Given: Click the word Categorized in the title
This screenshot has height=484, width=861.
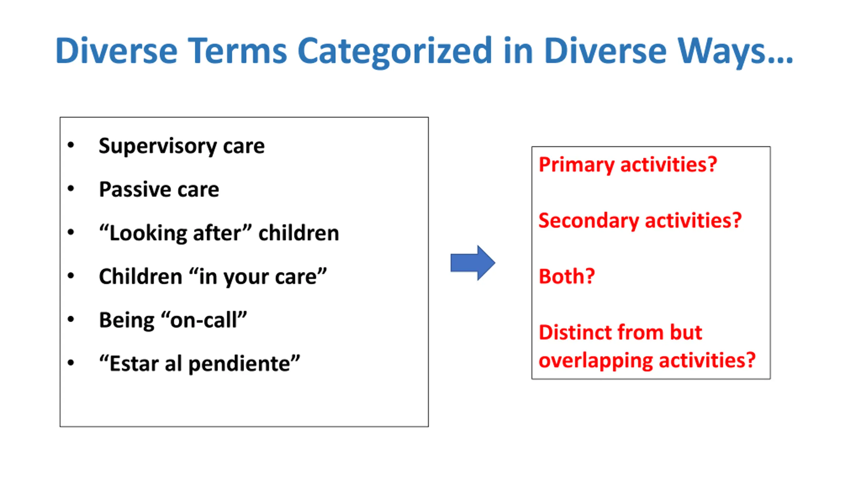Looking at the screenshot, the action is (395, 51).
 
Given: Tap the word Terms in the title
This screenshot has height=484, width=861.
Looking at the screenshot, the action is (237, 50).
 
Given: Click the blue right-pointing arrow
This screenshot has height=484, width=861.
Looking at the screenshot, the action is (473, 263).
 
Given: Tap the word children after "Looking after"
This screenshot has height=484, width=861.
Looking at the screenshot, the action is (299, 233).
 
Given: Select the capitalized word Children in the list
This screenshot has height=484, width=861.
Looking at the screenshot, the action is (141, 276).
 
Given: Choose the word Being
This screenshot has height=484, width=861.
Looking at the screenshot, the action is (127, 320).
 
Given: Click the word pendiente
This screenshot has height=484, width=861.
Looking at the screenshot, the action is (239, 364).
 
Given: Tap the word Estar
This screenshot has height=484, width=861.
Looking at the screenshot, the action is (134, 363).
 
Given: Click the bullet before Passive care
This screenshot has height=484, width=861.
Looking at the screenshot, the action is (71, 189).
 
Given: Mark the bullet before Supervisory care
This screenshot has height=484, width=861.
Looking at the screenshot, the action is (71, 145).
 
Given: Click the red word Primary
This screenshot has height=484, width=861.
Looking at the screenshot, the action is (576, 165).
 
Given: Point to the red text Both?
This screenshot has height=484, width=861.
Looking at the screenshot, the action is (567, 276).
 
